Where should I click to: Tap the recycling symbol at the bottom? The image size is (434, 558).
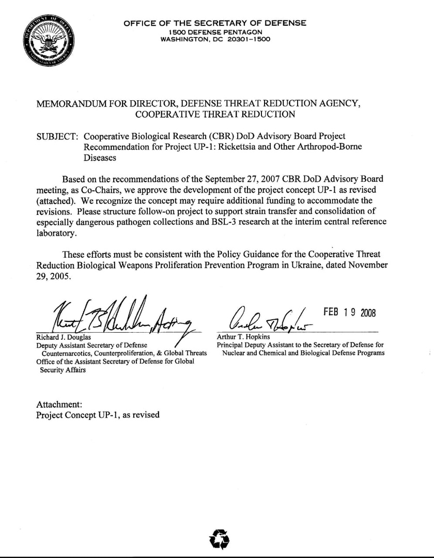pyautogui.click(x=219, y=539)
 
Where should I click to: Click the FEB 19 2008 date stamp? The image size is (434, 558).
pyautogui.click(x=350, y=312)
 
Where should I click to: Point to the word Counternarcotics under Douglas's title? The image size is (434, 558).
pyautogui.click(x=65, y=353)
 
